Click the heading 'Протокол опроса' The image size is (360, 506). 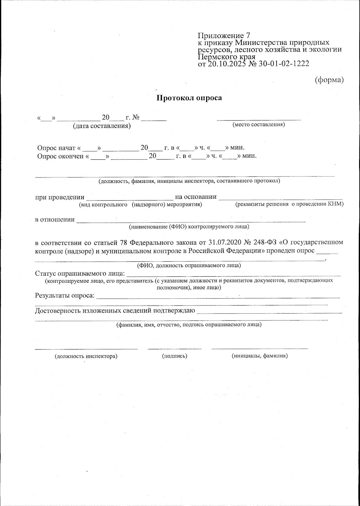[189, 98]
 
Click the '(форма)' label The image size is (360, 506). [329, 80]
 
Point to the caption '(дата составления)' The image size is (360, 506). [102, 126]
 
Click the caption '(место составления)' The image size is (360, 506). [259, 124]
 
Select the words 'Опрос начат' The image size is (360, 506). [56, 148]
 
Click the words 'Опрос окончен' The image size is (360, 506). [60, 156]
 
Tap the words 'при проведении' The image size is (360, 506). [60, 197]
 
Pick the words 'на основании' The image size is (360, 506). [196, 197]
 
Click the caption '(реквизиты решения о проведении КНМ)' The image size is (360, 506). [289, 204]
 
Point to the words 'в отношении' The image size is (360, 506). [55, 220]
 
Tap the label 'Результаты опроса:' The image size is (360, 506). [65, 296]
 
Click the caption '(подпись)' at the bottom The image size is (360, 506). [175, 356]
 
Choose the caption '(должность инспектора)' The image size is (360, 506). [86, 356]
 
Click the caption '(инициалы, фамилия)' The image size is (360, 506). [260, 356]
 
